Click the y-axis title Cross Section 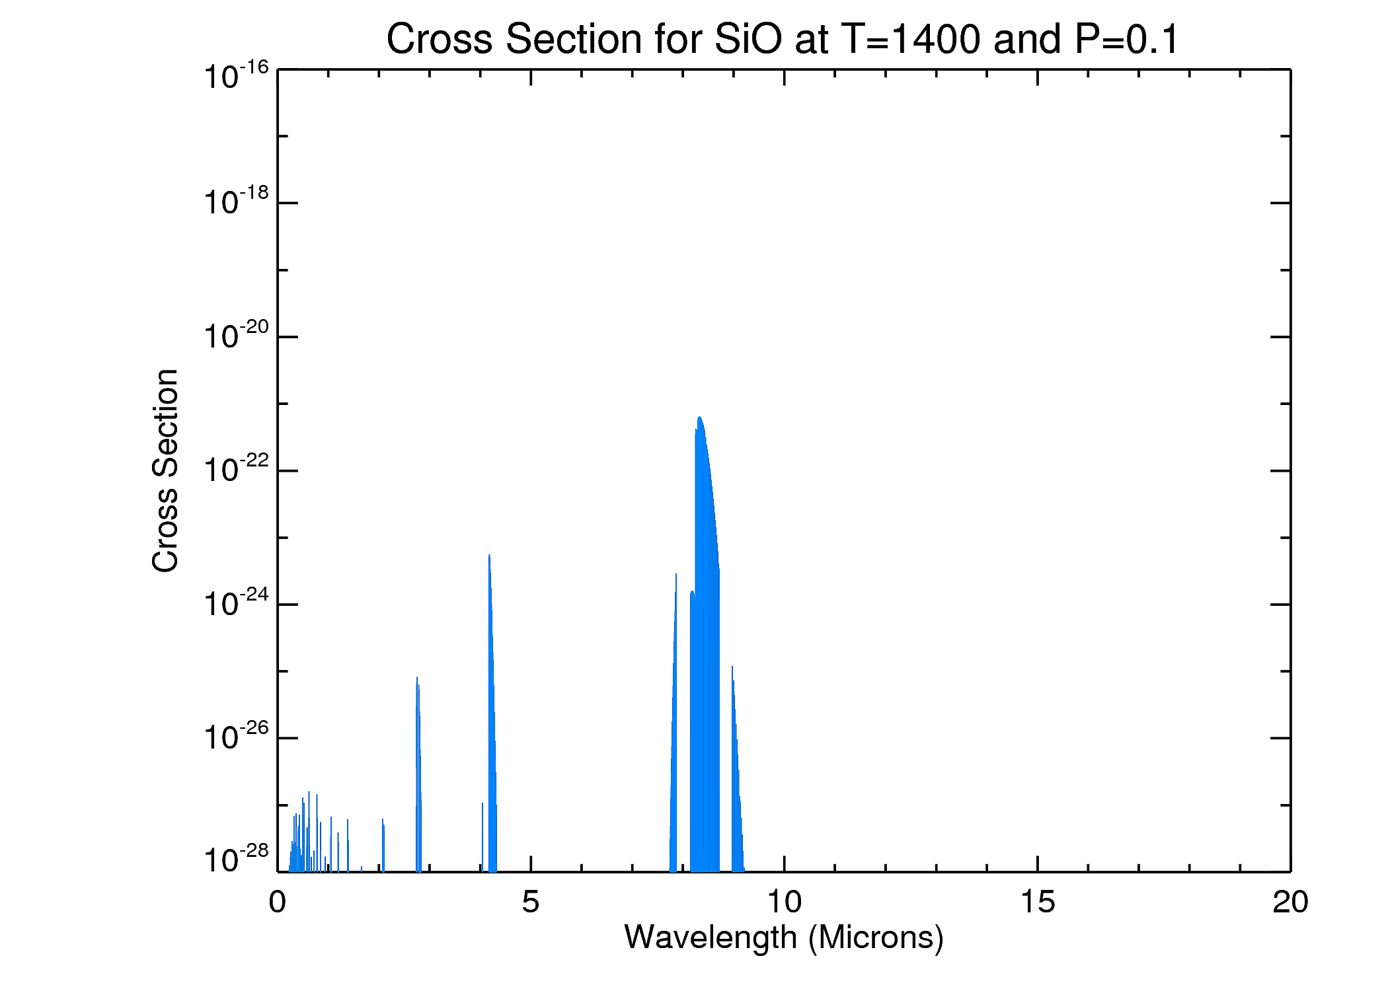(165, 470)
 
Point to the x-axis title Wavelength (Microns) (784, 937)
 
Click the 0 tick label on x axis (278, 902)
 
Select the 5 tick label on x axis (531, 902)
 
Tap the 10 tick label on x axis (784, 902)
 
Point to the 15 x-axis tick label (1038, 902)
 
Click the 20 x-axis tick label (1290, 902)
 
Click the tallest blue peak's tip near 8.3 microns (699, 418)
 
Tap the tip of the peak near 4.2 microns (489, 555)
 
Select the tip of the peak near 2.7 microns (416, 677)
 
